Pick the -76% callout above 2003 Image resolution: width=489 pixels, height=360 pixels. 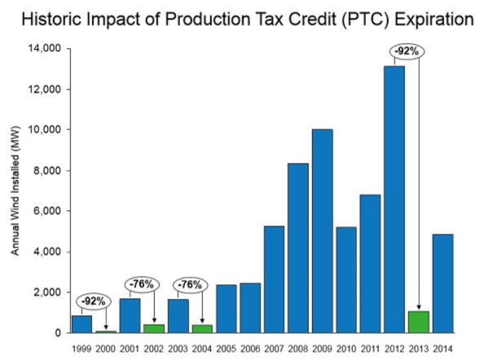[x=190, y=284]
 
